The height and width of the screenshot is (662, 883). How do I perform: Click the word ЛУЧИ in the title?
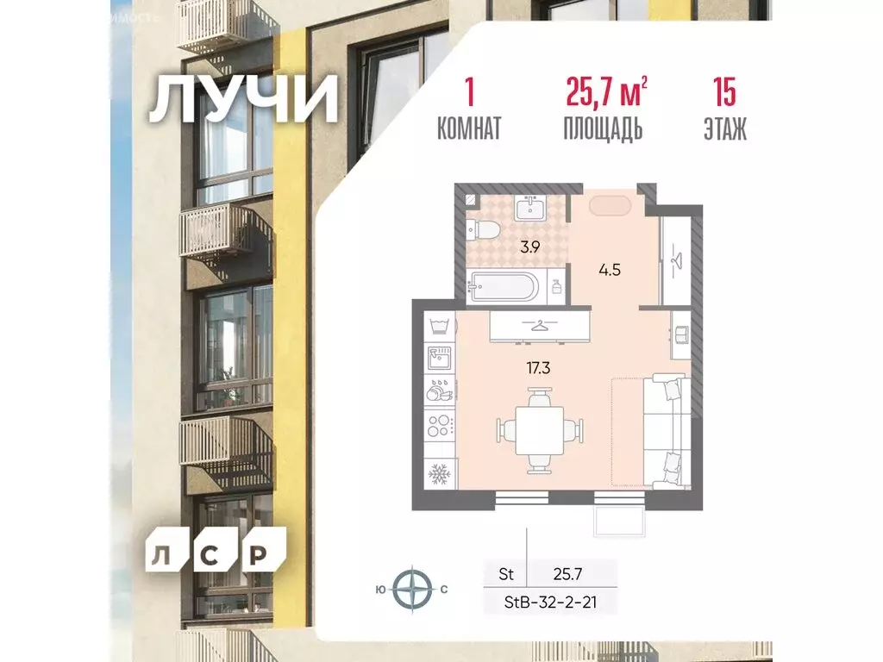coord(243,102)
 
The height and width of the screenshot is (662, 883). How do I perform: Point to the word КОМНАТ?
coord(469,129)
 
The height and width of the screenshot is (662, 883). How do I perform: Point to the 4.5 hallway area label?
coord(611,268)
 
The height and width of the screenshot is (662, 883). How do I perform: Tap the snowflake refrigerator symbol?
coord(440,474)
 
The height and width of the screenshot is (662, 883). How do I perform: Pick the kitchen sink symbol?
coord(440,357)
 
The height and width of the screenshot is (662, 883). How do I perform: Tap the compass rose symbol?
coord(412,590)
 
